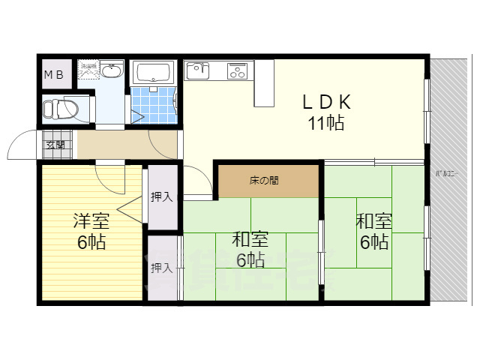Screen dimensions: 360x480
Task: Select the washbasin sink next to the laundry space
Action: (x=112, y=71)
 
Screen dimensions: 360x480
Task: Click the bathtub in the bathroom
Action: (x=154, y=73)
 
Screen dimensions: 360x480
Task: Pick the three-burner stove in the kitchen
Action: (x=238, y=71)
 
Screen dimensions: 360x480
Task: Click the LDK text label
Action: (x=326, y=101)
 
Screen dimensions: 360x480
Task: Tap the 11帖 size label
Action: (x=326, y=124)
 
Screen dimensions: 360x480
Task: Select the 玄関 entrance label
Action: (x=55, y=145)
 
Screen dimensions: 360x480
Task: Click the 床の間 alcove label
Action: (x=265, y=181)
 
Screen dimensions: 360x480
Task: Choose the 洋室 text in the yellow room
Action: (x=91, y=221)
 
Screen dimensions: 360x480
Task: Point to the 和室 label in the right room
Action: (x=373, y=221)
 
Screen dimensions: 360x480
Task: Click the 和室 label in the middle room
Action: (x=250, y=240)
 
